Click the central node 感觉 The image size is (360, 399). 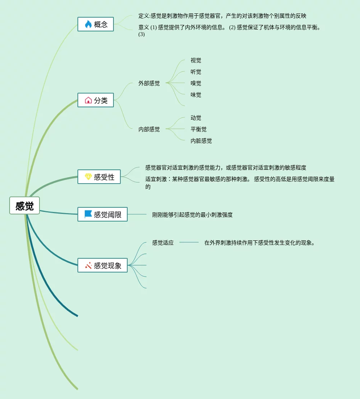pyautogui.click(x=25, y=206)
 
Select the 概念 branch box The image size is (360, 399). pyautogui.click(x=95, y=24)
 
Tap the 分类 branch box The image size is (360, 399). pyautogui.click(x=95, y=100)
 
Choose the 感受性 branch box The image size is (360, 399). pyautogui.click(x=99, y=177)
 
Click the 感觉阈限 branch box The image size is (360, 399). pyautogui.click(x=102, y=214)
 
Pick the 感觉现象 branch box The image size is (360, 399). pyautogui.click(x=102, y=265)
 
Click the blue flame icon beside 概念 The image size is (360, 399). pyautogui.click(x=88, y=24)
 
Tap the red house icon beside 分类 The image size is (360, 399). pyautogui.click(x=88, y=100)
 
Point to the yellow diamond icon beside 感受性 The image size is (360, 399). pyautogui.click(x=88, y=177)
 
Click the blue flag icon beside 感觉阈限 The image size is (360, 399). pyautogui.click(x=88, y=214)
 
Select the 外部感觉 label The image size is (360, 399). pyautogui.click(x=149, y=83)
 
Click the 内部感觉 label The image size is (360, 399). pyautogui.click(x=149, y=129)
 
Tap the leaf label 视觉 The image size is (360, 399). pyautogui.click(x=196, y=60)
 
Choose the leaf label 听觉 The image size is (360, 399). pyautogui.click(x=196, y=72)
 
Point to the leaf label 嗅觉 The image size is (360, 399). pyautogui.click(x=196, y=83)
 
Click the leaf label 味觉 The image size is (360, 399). pyautogui.click(x=196, y=95)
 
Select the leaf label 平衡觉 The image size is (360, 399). pyautogui.click(x=199, y=129)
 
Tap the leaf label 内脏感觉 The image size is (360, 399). pyautogui.click(x=201, y=141)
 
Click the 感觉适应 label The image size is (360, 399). pyautogui.click(x=163, y=242)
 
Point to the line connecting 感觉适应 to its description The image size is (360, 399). pyautogui.click(x=189, y=242)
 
